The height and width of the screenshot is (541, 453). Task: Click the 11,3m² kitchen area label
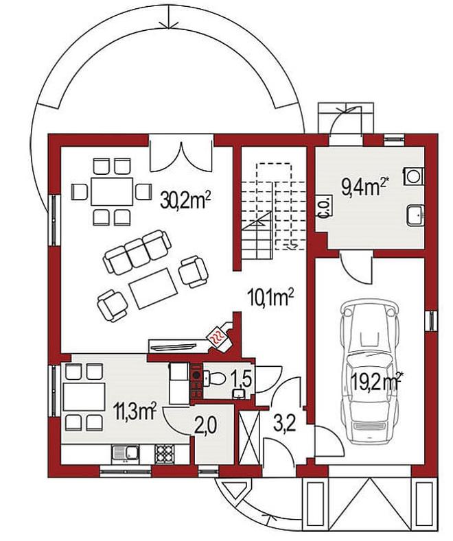pos(135,411)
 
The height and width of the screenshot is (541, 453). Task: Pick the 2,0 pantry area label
pos(207,425)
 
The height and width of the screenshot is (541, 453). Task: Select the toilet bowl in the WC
pos(215,378)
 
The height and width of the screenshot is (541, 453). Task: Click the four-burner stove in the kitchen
pos(165,453)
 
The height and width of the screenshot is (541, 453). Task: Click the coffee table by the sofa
pos(152,289)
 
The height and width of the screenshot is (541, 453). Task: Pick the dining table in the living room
pos(112,191)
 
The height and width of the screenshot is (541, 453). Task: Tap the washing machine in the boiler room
pos(413,176)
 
